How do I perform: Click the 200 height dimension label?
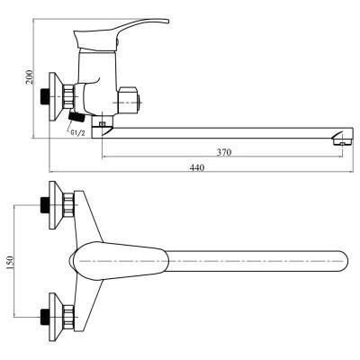tap(29, 77)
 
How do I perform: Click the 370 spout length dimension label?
tap(224, 152)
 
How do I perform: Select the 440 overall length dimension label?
tap(197, 167)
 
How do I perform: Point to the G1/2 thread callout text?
tap(77, 133)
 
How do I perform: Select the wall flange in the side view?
tap(55, 96)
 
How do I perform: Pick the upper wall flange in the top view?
tap(56, 205)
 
